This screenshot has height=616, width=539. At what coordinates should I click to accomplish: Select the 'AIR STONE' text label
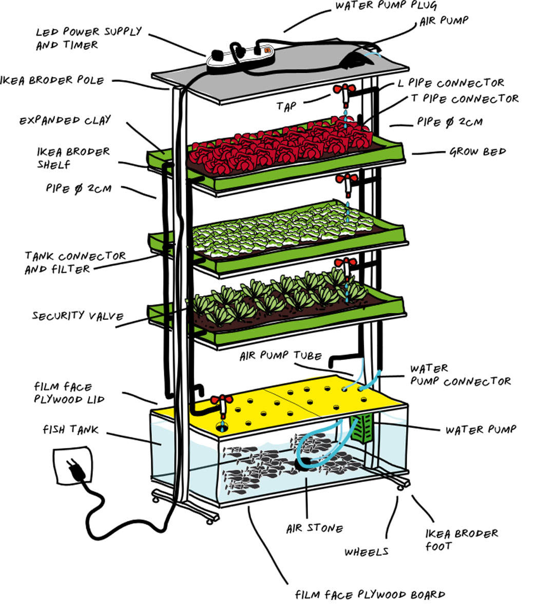coord(314,528)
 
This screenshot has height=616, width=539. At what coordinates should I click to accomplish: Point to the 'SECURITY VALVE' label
coord(78,315)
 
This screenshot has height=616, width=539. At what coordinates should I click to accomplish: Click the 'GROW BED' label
coord(477,152)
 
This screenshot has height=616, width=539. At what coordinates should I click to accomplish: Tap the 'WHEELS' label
coord(366,552)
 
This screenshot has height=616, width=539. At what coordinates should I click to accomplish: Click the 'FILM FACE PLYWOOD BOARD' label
coord(370,595)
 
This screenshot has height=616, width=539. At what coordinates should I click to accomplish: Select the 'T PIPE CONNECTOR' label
coord(465,98)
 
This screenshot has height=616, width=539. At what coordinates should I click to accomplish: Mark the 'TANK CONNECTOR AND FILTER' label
coord(75,262)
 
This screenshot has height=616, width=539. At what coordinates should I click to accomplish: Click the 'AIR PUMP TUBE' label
coord(280,356)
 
